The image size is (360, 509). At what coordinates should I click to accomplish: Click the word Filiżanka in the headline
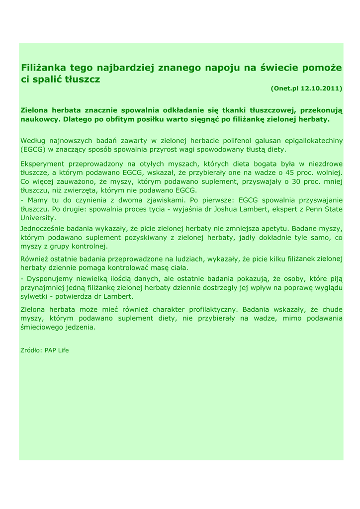43,67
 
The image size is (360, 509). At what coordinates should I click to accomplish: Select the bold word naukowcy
38,119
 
